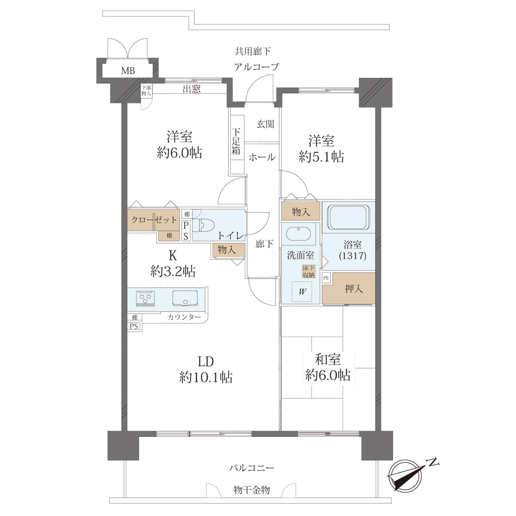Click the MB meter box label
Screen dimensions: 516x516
(x=128, y=71)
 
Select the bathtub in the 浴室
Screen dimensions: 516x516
(x=348, y=217)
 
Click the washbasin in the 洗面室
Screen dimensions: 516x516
(x=298, y=234)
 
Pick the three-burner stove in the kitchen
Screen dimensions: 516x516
(x=145, y=298)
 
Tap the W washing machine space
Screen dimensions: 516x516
(x=302, y=292)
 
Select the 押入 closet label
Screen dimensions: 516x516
(x=353, y=289)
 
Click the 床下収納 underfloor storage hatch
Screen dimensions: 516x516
(x=309, y=271)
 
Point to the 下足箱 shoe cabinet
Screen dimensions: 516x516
(x=236, y=141)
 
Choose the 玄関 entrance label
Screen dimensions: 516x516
(x=265, y=124)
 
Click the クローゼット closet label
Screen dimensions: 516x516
(x=154, y=220)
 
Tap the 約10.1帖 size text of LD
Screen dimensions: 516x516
(x=206, y=378)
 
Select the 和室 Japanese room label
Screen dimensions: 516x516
(x=328, y=359)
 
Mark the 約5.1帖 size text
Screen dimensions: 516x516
(x=321, y=157)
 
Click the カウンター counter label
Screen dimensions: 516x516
(x=184, y=317)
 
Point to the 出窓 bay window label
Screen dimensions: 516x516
(x=192, y=89)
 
